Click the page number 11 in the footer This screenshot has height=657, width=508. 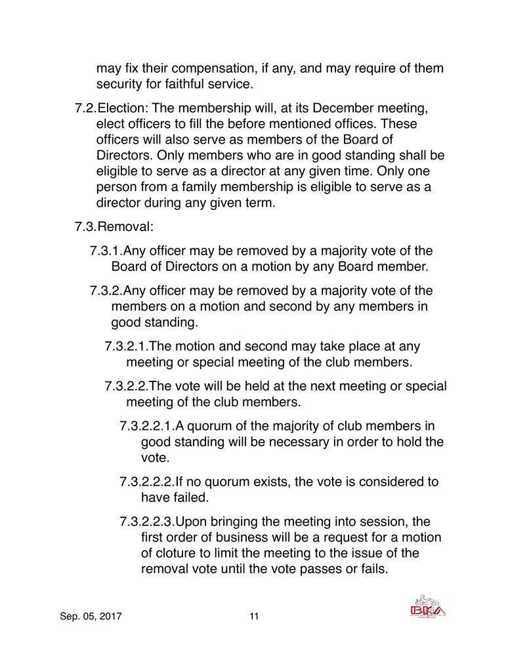(x=254, y=616)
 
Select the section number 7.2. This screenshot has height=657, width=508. (x=86, y=108)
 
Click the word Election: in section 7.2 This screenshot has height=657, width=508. (x=123, y=108)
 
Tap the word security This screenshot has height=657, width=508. (x=121, y=84)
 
